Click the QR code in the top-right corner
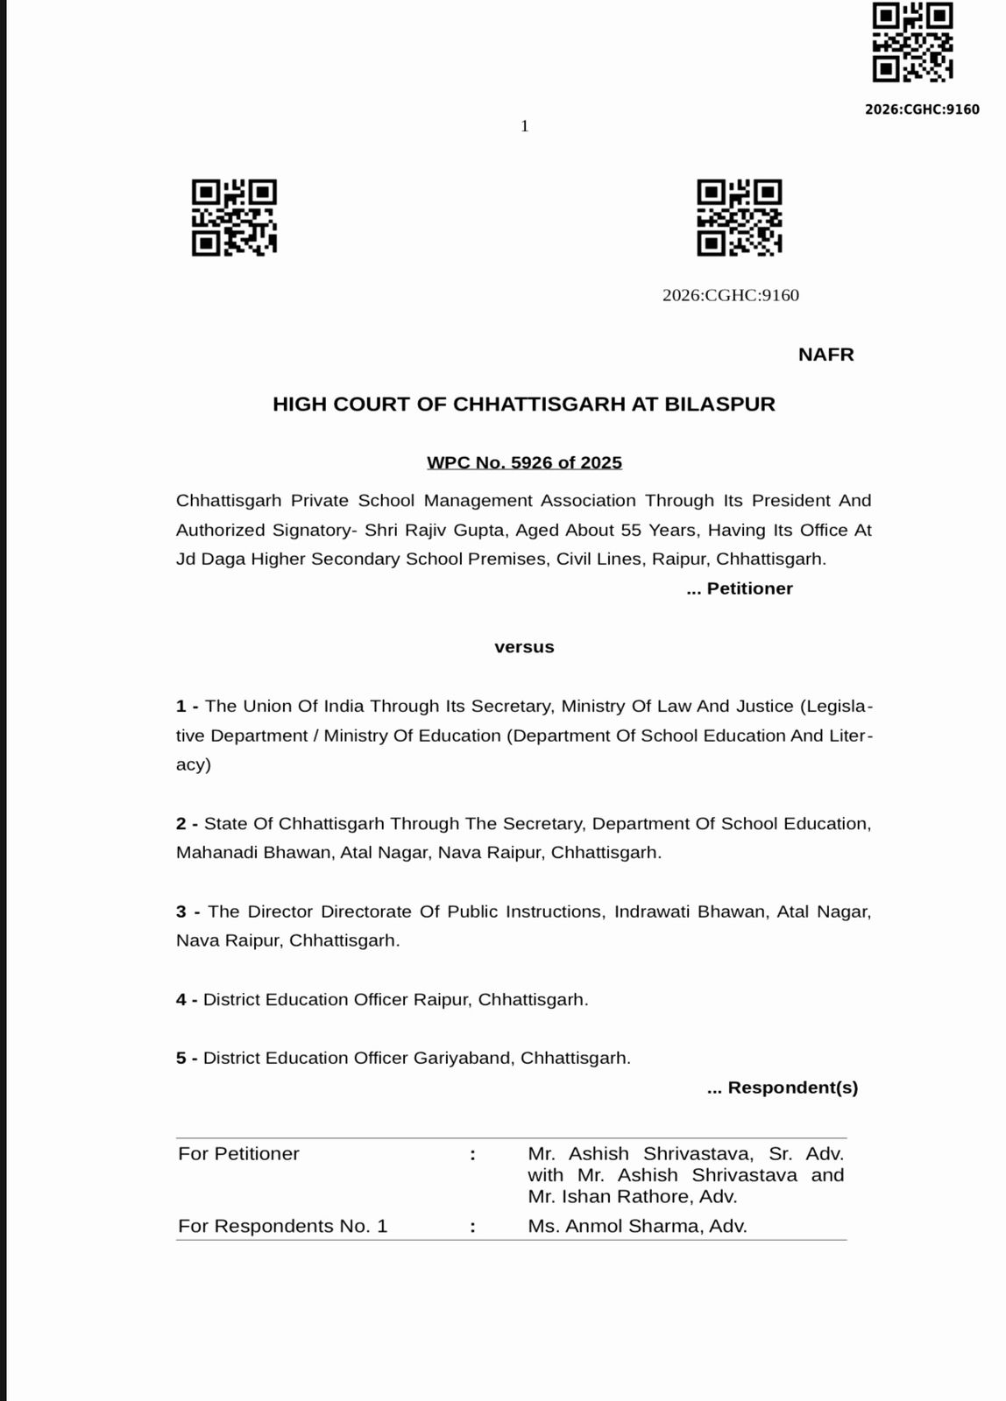912,42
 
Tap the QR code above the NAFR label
739,218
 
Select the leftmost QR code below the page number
234,218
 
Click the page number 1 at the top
524,126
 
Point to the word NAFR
825,355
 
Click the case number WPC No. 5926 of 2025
524,462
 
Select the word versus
524,647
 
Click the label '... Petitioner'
740,588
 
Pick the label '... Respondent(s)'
783,1088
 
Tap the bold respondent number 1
181,706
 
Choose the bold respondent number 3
181,912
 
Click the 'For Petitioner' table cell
238,1154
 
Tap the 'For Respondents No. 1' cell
282,1226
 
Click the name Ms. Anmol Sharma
637,1226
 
